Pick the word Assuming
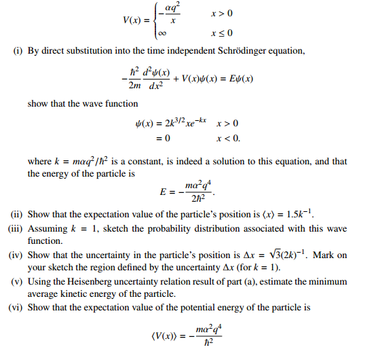[x=45, y=229]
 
